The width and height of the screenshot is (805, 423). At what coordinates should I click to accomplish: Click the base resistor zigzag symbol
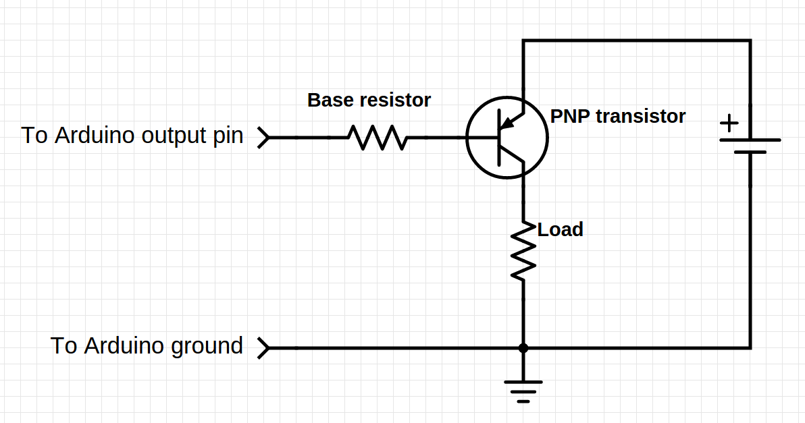coord(378,138)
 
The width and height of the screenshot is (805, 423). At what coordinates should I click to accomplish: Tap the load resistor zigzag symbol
coord(523,250)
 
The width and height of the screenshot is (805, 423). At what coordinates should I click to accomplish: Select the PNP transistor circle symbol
coord(507,138)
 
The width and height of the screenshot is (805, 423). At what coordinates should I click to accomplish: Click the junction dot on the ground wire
coord(523,348)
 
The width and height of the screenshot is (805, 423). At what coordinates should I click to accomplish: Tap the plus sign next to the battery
coord(729,124)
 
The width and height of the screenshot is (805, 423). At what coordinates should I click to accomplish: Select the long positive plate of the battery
coord(750,140)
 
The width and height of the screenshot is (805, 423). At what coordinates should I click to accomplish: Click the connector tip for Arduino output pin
coord(264,138)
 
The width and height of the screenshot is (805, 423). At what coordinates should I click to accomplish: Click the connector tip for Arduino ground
coord(264,348)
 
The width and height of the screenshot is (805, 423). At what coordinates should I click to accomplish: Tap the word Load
coord(560,230)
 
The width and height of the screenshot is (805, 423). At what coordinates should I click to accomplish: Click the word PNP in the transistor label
coord(569,117)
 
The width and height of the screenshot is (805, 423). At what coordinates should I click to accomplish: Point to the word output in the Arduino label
coord(175,136)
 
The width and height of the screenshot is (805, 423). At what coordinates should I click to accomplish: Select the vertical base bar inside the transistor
coord(499,138)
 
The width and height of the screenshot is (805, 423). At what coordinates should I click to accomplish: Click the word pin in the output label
coord(229,136)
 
